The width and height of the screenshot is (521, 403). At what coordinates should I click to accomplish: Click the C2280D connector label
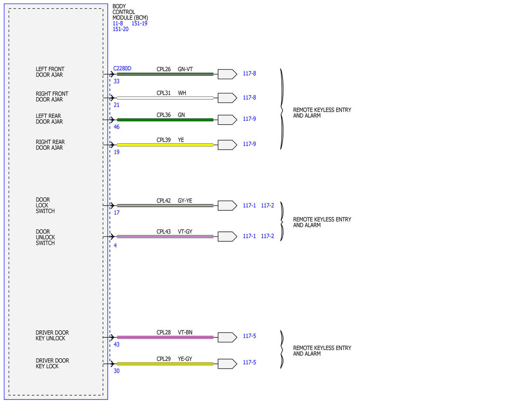point(122,68)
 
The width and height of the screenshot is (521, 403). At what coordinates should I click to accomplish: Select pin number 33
point(116,81)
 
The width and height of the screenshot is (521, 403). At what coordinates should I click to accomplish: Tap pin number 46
point(116,127)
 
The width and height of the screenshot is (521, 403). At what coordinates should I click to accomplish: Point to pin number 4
point(115,245)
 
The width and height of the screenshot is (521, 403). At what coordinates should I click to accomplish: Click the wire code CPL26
point(164,69)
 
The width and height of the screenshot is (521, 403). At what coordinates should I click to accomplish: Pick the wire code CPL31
point(164,93)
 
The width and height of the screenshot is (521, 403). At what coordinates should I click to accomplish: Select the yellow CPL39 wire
point(165,145)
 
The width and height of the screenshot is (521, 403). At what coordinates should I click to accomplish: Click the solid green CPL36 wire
point(165,120)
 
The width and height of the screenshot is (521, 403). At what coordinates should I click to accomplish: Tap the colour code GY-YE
point(185,200)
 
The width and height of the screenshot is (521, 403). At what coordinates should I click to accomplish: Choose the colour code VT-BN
point(185,332)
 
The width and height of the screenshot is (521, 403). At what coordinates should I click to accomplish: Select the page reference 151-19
point(139,23)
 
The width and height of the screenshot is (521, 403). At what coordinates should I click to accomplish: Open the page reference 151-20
point(120,29)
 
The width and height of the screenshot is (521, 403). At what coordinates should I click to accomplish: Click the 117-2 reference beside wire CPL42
point(267,205)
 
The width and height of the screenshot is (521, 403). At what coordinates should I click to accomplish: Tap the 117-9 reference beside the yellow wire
point(249,144)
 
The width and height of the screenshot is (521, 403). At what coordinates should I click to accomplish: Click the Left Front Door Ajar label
point(50,72)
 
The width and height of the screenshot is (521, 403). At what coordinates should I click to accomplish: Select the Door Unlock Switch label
point(45,237)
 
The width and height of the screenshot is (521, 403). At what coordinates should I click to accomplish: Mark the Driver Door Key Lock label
point(52,363)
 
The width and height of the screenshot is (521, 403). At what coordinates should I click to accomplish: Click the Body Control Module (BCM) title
point(130,12)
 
